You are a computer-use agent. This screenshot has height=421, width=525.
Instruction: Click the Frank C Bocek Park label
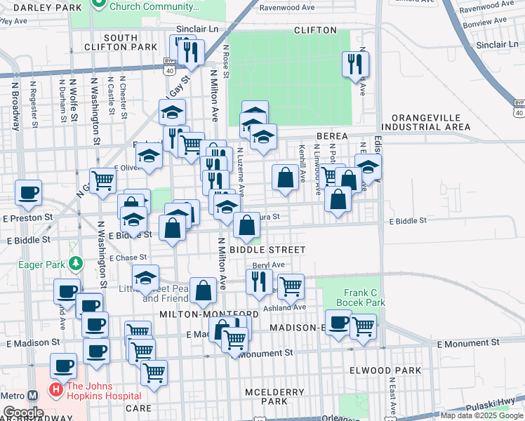[x=365, y=298]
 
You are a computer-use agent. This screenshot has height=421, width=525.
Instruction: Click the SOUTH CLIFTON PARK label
[x=130, y=42]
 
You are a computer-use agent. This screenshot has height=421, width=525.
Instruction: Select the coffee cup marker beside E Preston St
[x=28, y=192]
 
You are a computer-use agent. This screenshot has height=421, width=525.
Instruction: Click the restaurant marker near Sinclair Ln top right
[x=354, y=65]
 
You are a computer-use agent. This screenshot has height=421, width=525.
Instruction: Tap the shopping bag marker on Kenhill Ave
[x=286, y=177]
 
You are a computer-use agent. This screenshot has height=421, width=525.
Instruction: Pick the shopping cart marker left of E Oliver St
[x=102, y=180]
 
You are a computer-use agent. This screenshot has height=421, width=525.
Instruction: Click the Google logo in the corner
[x=22, y=413]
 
